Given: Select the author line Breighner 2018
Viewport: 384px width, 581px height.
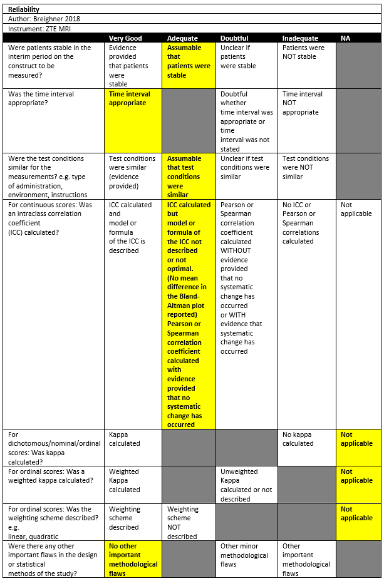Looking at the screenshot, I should (x=45, y=19).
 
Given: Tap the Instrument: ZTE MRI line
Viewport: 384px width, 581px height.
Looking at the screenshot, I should (x=39, y=28).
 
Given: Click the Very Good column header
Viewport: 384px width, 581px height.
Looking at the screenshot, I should (x=125, y=38).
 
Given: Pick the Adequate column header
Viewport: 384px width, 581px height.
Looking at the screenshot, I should (x=182, y=38).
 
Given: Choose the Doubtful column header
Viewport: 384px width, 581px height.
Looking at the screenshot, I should (x=234, y=38).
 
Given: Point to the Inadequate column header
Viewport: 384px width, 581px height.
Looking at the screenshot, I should (x=300, y=38).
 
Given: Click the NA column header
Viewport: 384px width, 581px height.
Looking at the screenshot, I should (x=345, y=38).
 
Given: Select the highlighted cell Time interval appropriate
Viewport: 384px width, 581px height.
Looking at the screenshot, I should (x=130, y=99).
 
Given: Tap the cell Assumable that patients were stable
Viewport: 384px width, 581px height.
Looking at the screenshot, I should (x=189, y=61).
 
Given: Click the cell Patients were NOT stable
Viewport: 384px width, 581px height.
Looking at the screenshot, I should (x=303, y=52).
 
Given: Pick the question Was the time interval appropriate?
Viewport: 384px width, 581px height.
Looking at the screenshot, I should (x=41, y=99).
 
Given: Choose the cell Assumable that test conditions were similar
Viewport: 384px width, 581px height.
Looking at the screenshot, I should (x=184, y=177).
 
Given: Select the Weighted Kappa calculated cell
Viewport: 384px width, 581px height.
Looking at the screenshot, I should (x=125, y=481).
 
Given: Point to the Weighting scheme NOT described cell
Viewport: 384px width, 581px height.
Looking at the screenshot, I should (x=182, y=523).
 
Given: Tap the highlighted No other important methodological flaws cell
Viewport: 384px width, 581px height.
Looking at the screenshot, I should (x=133, y=560).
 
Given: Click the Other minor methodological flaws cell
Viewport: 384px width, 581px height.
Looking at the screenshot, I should (x=244, y=555).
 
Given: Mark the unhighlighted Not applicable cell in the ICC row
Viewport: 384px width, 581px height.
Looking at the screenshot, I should (x=356, y=209).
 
